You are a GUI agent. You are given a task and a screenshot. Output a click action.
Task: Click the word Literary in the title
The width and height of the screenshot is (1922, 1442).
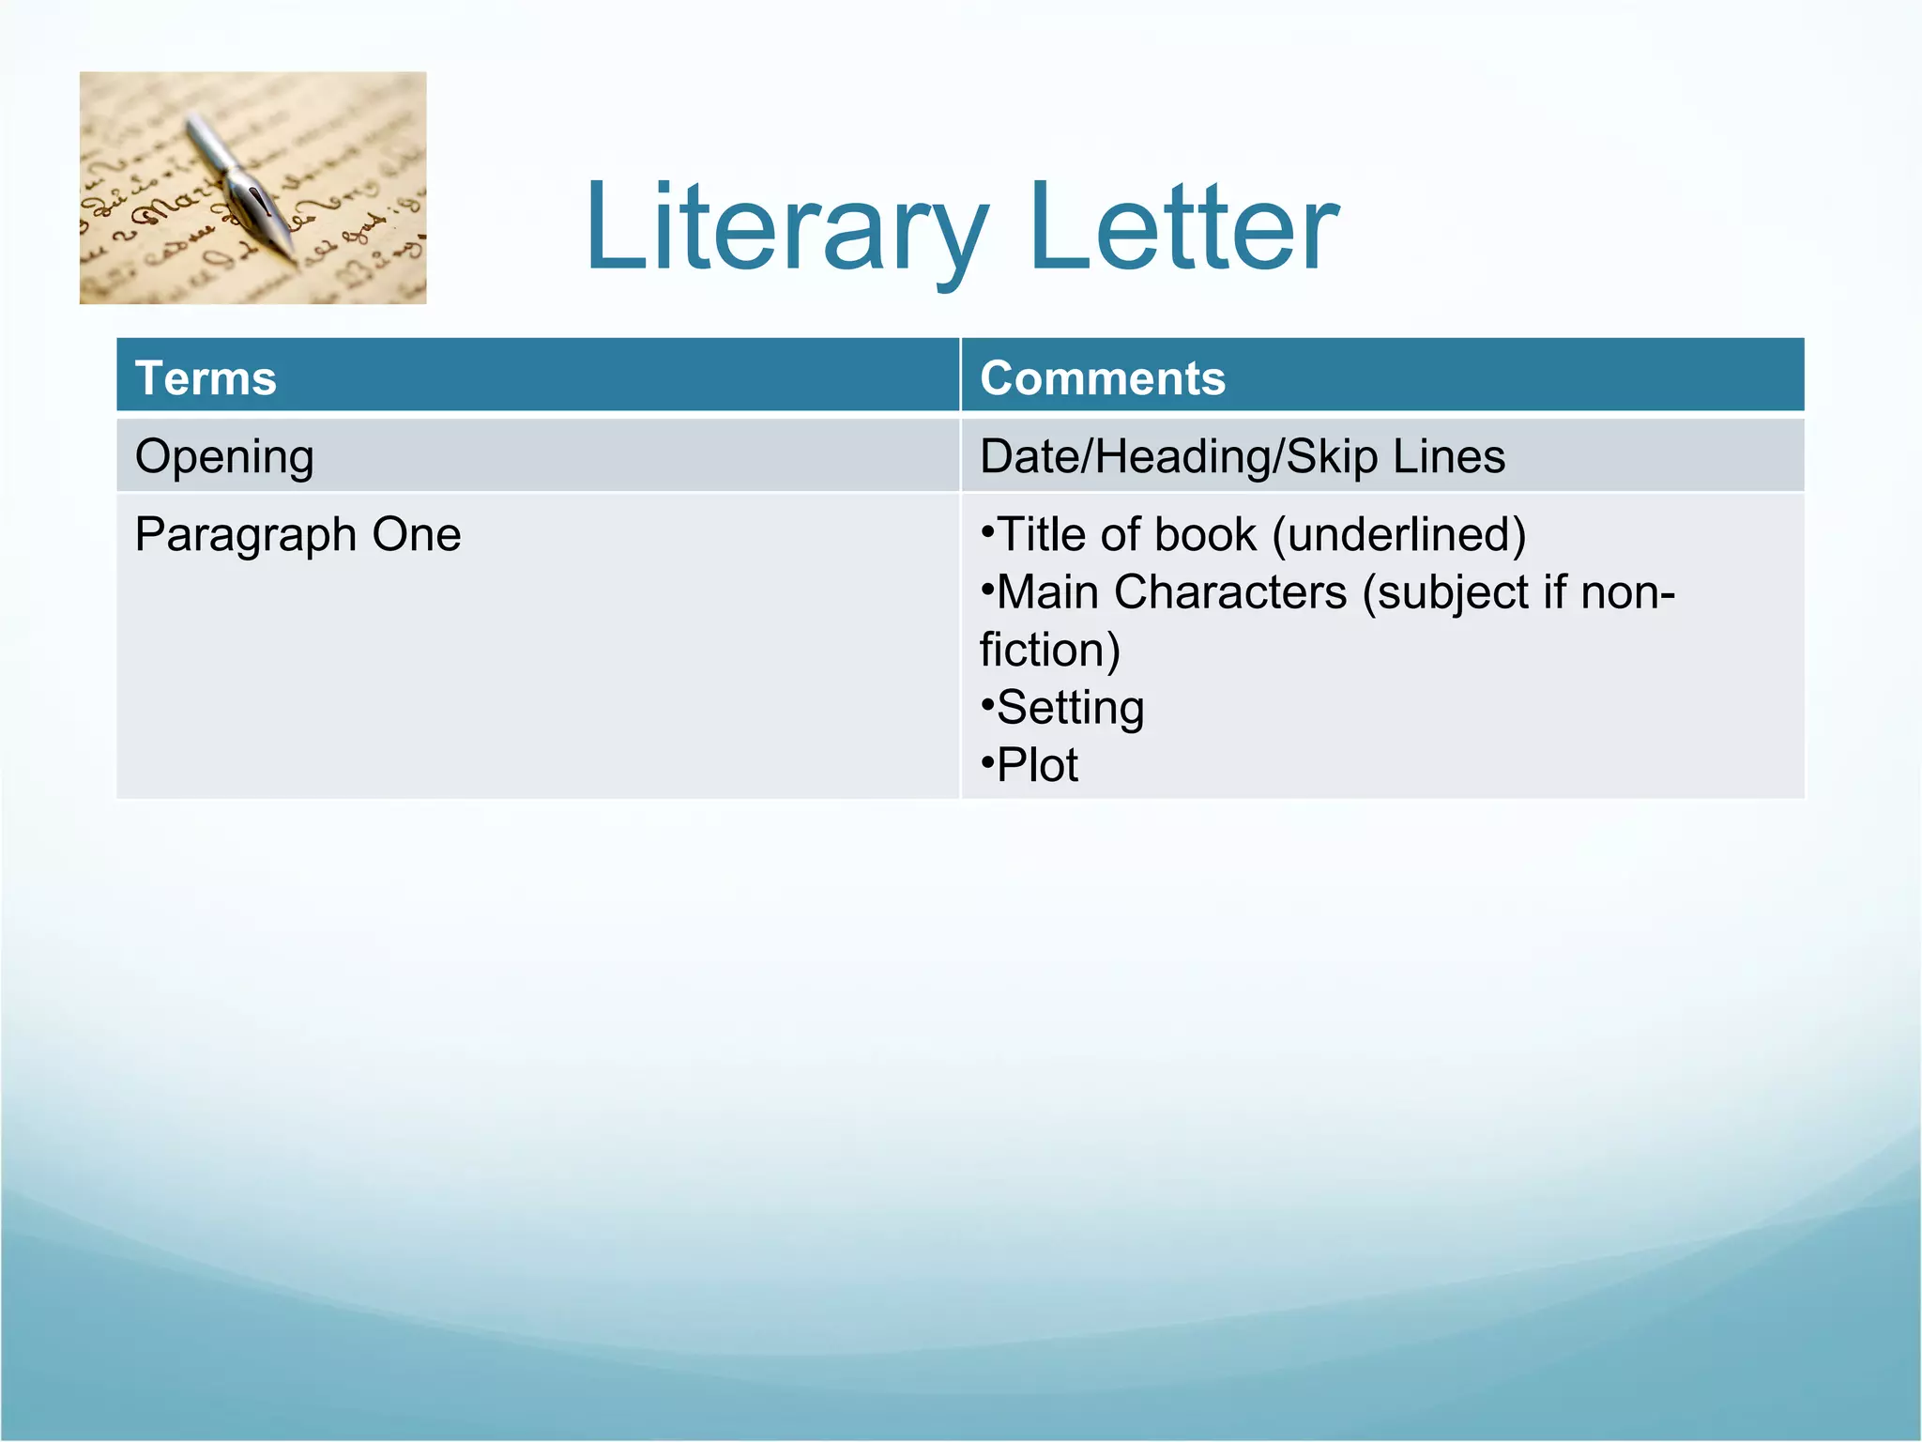point(786,228)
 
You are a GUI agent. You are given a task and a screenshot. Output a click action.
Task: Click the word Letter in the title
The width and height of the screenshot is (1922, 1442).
point(1184,228)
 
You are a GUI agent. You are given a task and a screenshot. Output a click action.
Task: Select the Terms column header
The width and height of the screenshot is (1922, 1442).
point(206,378)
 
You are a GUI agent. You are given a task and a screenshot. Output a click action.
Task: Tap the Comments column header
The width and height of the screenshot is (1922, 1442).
point(1103,378)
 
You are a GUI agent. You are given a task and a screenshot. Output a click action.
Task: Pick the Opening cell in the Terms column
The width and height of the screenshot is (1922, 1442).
point(224,457)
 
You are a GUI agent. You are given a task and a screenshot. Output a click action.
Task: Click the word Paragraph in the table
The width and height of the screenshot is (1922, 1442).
point(245,536)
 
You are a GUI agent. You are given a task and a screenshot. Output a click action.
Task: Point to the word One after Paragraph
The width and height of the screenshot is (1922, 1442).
point(417,535)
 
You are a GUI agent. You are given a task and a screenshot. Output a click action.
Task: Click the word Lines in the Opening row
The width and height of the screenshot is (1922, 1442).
point(1449,457)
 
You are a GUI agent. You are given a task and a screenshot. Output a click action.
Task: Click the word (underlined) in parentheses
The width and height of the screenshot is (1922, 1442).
point(1399,535)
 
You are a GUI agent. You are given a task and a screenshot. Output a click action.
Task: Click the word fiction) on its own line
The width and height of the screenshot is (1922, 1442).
point(1049,650)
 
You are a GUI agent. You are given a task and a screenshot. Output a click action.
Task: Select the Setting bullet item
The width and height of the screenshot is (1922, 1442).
point(1070,708)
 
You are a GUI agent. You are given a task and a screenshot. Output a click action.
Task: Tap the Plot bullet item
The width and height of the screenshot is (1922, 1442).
point(1037,765)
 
